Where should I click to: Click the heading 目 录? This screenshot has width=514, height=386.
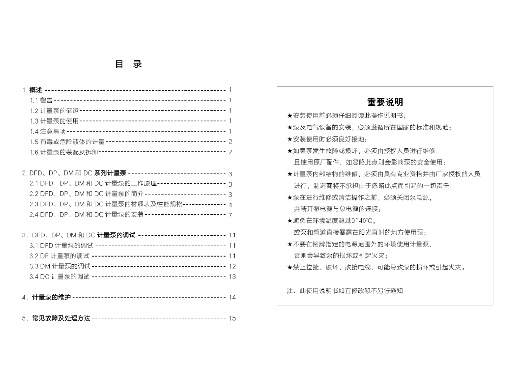[x=128, y=64]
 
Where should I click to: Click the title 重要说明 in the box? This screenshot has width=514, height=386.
[x=385, y=102]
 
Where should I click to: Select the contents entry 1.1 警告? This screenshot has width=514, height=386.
[x=41, y=100]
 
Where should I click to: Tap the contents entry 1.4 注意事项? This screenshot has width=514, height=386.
[x=48, y=131]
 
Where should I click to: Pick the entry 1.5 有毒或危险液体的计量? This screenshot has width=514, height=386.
[x=67, y=142]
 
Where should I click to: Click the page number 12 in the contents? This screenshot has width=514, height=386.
[x=232, y=266]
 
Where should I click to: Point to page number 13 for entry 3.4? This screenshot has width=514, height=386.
[x=232, y=277]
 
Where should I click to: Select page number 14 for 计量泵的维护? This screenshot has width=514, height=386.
[x=232, y=297]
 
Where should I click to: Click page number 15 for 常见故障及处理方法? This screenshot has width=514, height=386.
[x=232, y=318]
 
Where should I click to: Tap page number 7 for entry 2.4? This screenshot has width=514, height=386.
[x=230, y=215]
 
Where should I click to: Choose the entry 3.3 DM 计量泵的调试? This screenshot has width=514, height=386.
[x=60, y=266]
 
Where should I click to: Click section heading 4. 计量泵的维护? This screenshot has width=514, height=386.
[x=47, y=297]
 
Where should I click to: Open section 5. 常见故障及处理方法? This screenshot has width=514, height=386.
[x=56, y=318]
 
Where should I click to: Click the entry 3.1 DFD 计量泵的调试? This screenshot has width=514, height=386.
[x=61, y=246]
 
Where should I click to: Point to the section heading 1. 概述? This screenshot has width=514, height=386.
[x=32, y=90]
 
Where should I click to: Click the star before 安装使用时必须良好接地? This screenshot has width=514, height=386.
[x=289, y=139]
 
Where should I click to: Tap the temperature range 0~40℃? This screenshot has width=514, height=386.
[x=361, y=221]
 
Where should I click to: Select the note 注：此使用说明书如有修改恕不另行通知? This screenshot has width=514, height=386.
[x=345, y=291]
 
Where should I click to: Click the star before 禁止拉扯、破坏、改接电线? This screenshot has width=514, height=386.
[x=289, y=268]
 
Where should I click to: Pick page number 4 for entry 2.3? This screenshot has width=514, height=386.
[x=230, y=205]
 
